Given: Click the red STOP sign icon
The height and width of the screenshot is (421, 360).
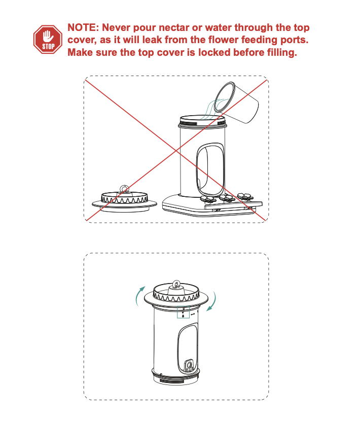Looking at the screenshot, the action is point(48,40).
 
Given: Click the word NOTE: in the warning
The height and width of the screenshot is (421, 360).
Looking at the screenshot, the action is point(83,28).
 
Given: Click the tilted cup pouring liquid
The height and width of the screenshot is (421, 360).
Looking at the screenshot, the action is point(236,102).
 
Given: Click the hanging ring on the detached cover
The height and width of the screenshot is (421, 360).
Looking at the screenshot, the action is point(124,189).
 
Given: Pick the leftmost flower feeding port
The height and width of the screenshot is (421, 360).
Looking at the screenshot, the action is point(208,199).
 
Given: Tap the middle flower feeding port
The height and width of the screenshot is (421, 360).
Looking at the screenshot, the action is point(227,198).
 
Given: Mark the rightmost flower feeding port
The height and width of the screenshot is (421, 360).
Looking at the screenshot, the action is point(245,196).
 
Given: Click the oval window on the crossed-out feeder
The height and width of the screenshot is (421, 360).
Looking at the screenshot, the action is point(210,169).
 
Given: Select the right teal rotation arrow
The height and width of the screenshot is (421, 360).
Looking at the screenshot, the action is point(213,301).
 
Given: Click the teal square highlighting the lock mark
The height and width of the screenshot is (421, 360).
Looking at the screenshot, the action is point(183,312).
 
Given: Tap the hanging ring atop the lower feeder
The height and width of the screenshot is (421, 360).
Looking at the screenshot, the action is point(176,284).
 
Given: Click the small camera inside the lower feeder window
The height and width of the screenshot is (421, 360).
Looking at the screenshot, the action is point(189,365).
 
